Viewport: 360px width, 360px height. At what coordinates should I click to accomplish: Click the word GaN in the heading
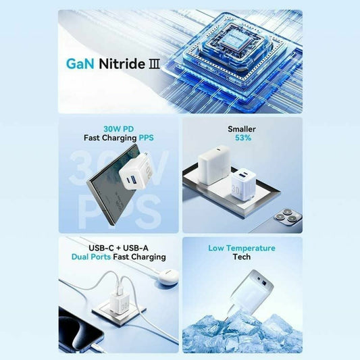(80, 63)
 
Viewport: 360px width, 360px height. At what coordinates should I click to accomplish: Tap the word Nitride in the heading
(122, 63)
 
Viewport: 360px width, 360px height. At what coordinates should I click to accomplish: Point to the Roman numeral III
(154, 63)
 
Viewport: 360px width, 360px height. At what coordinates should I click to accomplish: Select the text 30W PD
(118, 129)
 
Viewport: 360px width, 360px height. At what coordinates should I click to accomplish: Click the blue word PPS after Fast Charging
(147, 138)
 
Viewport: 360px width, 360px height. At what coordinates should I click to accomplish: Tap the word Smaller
(242, 129)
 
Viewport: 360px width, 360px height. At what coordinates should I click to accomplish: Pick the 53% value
(243, 138)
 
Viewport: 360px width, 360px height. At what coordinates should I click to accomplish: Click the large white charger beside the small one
(214, 165)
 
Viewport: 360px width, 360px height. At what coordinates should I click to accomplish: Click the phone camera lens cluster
(288, 216)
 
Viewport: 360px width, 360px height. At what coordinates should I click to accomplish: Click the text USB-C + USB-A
(118, 248)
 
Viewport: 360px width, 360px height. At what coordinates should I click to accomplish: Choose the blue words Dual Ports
(91, 257)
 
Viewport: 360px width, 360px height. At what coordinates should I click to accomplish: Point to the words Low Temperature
(242, 248)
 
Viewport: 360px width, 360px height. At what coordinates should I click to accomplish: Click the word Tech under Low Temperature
(242, 257)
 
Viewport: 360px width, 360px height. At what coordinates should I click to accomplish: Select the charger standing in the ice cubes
(251, 292)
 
